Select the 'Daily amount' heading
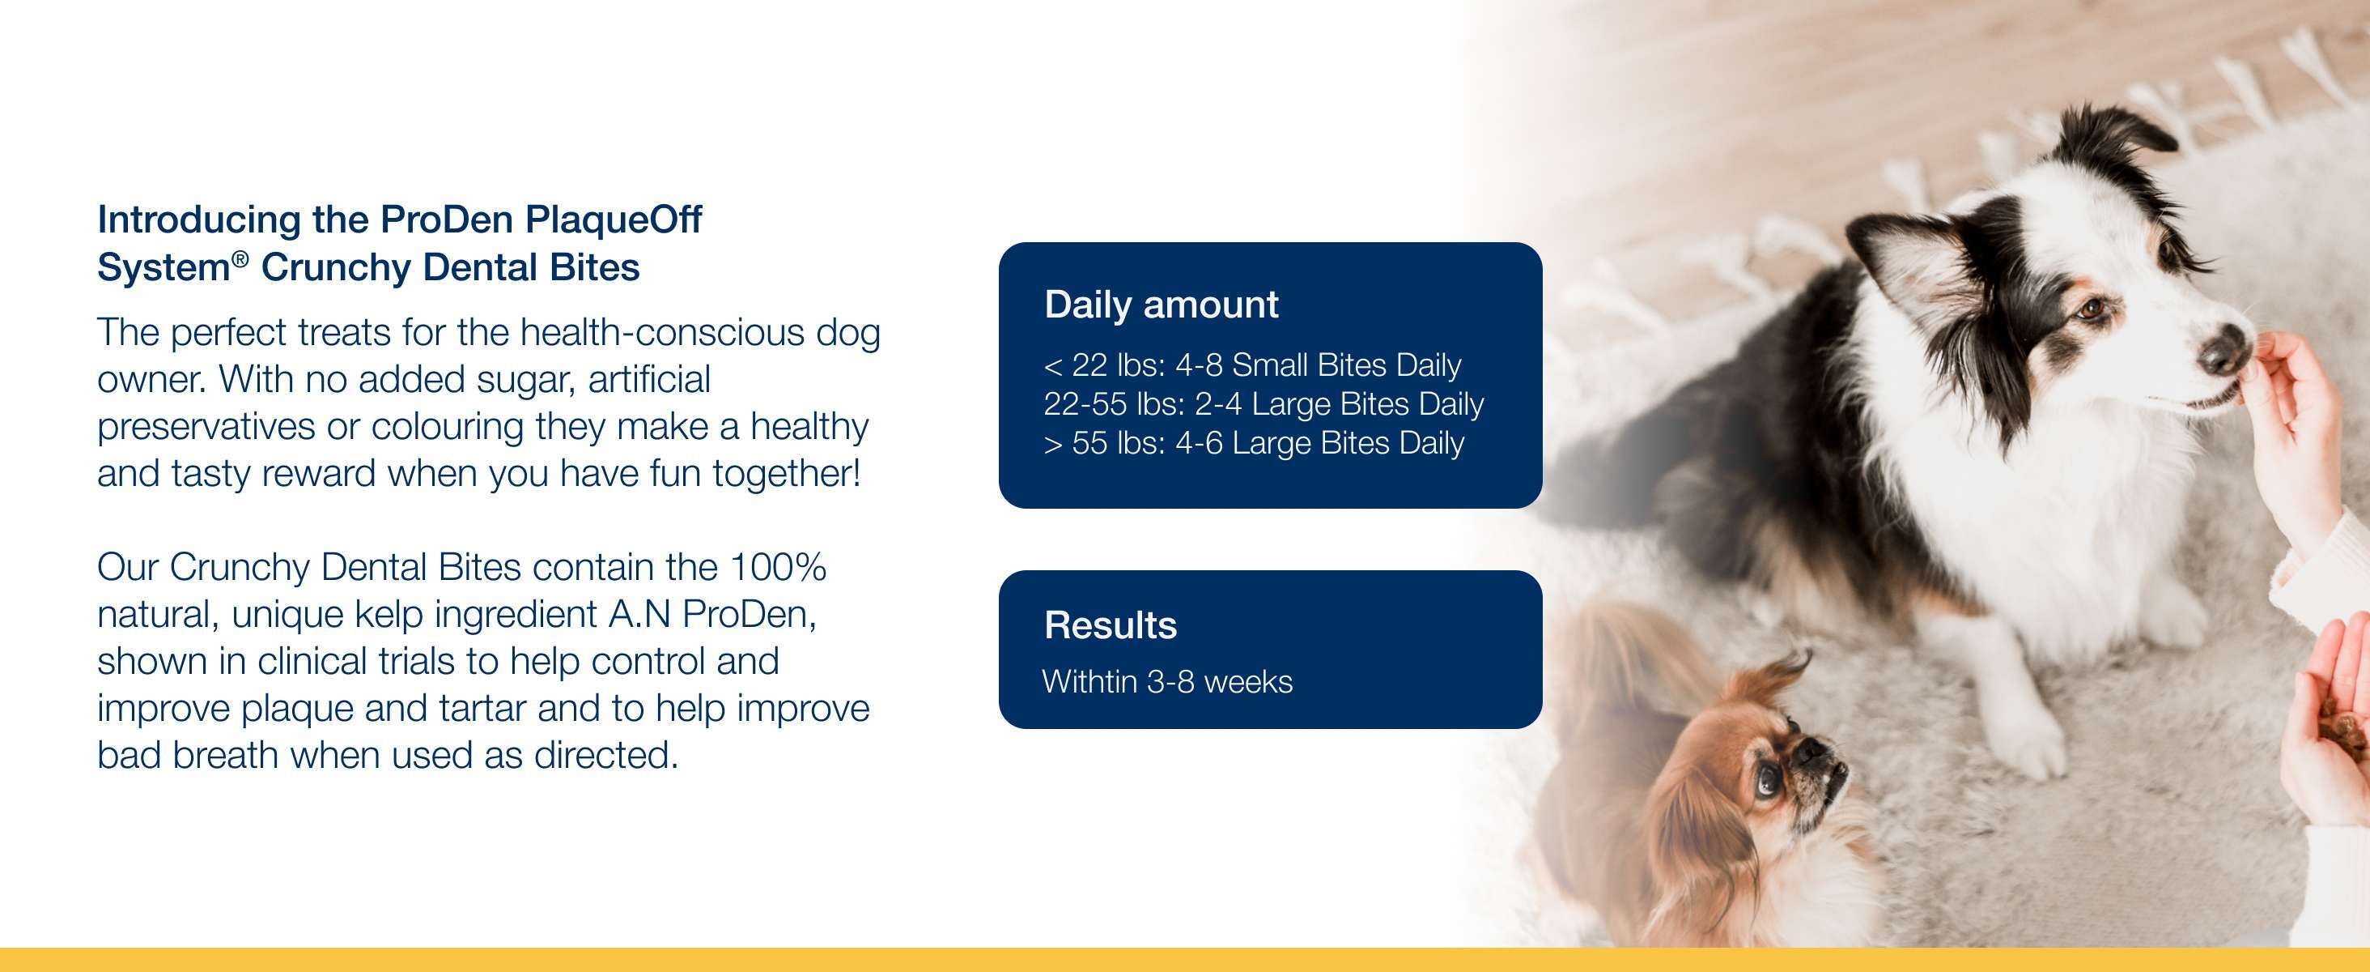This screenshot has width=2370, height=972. [1161, 305]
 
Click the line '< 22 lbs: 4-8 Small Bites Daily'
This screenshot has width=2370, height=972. [1252, 364]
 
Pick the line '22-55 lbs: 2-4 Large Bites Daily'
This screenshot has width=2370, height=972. [1264, 404]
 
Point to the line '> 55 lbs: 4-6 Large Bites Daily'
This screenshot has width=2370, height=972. [1253, 443]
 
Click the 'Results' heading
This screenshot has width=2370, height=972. [1111, 625]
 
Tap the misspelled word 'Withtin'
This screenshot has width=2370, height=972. [1089, 681]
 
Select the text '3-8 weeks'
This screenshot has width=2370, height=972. [1220, 681]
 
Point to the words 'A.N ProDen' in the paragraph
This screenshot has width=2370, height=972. [712, 614]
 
